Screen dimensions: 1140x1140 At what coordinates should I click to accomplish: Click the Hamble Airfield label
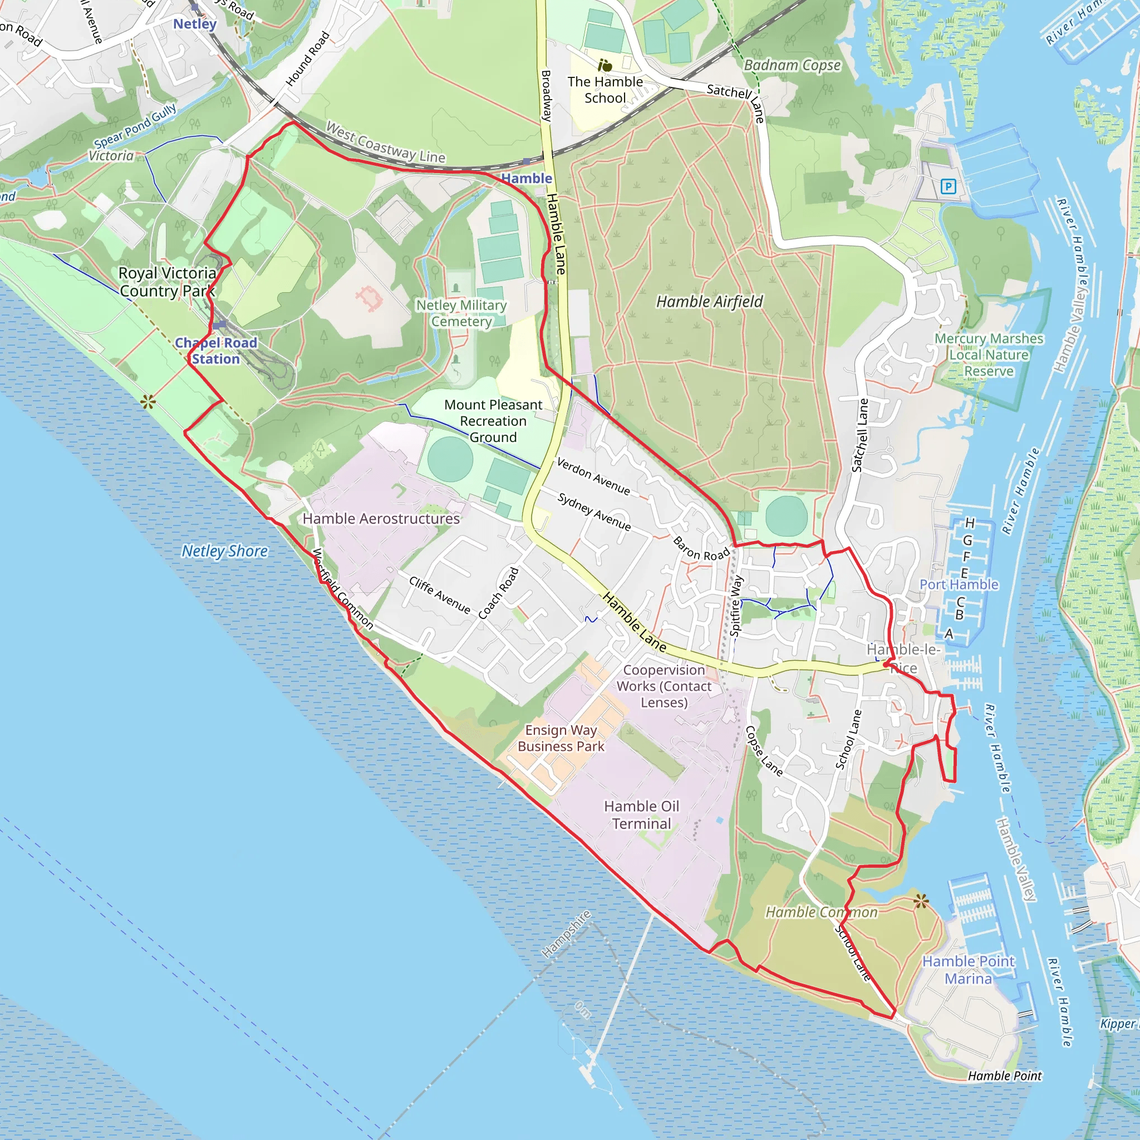pos(709,302)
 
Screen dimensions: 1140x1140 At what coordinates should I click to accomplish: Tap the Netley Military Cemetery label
pos(461,313)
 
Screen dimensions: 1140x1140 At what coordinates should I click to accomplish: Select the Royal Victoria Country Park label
pos(167,282)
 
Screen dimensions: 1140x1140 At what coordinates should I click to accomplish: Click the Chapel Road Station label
pos(216,351)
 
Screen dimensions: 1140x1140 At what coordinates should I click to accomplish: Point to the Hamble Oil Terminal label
pos(641,815)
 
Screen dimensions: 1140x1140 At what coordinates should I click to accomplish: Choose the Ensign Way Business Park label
pos(561,738)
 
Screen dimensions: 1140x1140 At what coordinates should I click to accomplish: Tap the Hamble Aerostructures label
pos(381,519)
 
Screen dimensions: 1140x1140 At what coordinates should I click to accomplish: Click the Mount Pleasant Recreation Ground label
pos(493,421)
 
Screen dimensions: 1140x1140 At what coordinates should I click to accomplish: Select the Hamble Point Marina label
pos(969,970)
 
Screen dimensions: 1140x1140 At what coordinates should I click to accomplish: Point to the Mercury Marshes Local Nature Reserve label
pos(989,355)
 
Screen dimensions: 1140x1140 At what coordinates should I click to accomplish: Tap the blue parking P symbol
pos(948,187)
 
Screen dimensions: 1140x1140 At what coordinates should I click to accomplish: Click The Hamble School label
pos(605,90)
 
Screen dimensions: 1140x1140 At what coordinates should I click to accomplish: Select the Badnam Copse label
pos(792,65)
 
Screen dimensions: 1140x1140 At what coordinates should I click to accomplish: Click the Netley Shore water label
pos(224,551)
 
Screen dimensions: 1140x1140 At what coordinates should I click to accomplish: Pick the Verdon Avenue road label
pos(593,476)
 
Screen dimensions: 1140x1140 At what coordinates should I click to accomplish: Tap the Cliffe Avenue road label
pos(440,596)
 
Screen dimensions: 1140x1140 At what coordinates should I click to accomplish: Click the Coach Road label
pos(499,593)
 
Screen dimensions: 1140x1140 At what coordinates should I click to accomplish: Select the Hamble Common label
pos(822,912)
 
